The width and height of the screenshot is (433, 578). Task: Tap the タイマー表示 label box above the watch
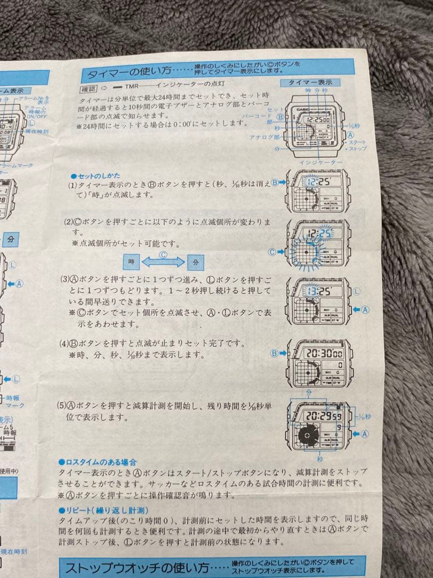click(310, 82)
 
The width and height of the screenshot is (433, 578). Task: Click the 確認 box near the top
click(89, 89)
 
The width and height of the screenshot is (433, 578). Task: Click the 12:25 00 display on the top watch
click(319, 119)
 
